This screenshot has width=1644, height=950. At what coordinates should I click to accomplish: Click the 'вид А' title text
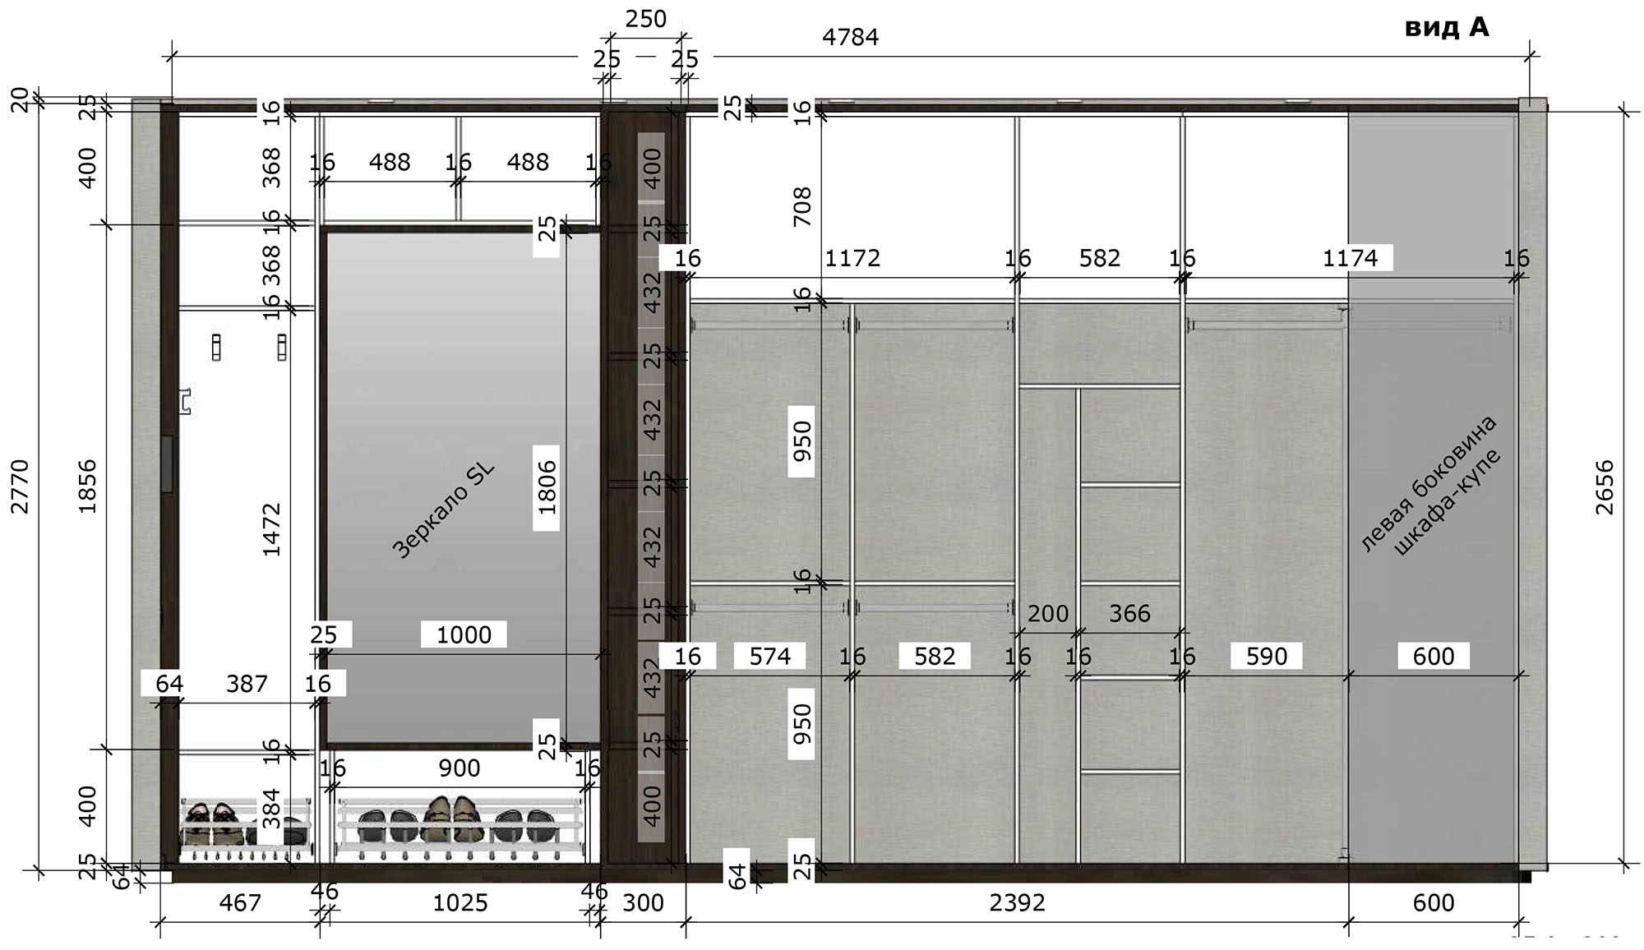1447,27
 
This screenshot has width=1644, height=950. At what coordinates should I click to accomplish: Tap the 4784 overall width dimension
851,37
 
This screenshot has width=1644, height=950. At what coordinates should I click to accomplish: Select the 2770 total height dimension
20,487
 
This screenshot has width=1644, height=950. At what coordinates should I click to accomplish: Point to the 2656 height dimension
1605,487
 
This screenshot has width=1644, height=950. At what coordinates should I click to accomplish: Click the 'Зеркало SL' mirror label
443,511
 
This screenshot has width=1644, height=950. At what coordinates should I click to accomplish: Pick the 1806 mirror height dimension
547,487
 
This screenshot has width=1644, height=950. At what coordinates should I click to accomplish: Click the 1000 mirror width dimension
464,634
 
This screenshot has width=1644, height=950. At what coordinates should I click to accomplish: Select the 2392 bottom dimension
1018,903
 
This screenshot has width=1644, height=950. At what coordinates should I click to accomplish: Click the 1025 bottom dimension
460,903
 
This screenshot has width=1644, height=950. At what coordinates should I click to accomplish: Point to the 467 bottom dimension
240,903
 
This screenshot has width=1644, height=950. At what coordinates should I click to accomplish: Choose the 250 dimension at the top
646,19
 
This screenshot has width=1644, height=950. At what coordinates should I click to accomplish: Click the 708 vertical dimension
802,207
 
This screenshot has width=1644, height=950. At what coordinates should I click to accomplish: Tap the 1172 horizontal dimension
852,258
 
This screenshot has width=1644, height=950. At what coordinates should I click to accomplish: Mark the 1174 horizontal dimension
1350,258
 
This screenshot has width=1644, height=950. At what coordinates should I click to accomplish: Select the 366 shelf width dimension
1129,614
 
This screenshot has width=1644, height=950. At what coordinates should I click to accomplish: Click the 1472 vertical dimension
272,530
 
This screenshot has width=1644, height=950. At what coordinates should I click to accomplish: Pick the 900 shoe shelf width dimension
459,768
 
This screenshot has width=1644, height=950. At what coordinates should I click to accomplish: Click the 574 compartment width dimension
770,656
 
